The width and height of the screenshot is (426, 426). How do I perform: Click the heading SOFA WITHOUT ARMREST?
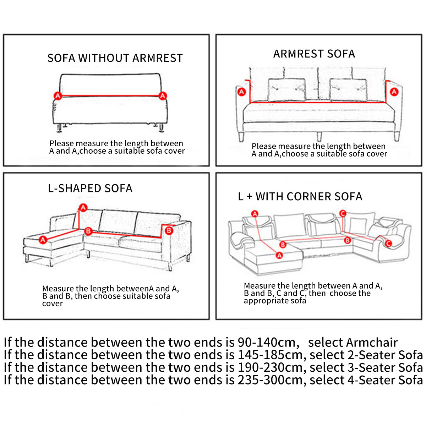(x=115, y=58)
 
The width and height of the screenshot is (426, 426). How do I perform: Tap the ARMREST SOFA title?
(x=314, y=54)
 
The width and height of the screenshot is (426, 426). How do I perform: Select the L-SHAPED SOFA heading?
(x=90, y=188)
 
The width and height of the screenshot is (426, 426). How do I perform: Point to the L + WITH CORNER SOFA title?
(x=300, y=196)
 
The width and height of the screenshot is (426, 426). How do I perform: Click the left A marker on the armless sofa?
(x=58, y=95)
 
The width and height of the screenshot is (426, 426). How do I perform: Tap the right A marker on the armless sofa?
(x=163, y=95)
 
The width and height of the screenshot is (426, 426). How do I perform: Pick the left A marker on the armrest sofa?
(x=241, y=92)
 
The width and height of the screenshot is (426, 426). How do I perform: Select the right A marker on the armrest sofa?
(x=394, y=92)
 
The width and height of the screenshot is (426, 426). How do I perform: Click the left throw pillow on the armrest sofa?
(x=286, y=90)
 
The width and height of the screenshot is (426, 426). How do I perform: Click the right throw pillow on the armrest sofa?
(x=348, y=90)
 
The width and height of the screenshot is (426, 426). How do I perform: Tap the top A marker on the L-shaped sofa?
(x=83, y=207)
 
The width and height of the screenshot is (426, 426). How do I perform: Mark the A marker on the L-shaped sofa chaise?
(x=43, y=240)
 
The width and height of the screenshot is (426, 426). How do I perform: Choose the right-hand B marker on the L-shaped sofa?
(x=169, y=230)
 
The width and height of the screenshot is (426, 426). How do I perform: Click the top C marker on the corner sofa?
(x=343, y=213)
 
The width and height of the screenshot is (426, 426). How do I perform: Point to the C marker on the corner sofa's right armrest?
(x=388, y=243)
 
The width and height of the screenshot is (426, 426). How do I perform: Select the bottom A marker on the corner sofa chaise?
(x=279, y=255)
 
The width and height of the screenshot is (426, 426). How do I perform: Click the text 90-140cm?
(x=267, y=342)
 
